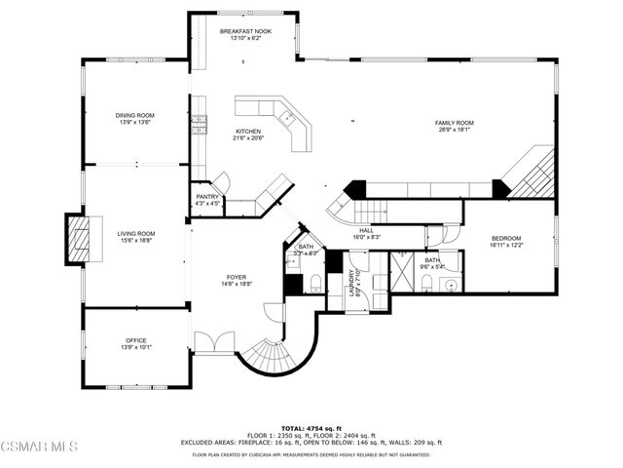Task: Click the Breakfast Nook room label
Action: click(244, 31)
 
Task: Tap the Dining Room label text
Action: click(135, 115)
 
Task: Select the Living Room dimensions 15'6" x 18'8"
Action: click(136, 241)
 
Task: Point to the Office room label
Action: click(135, 340)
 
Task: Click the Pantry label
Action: click(207, 197)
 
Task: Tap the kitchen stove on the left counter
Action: click(200, 122)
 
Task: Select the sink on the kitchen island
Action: click(288, 118)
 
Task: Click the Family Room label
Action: click(454, 122)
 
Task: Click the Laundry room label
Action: click(355, 283)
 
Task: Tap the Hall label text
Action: click(367, 229)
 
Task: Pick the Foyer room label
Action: click(238, 276)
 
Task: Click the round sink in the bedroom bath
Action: click(449, 286)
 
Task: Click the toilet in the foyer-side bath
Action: click(315, 284)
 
